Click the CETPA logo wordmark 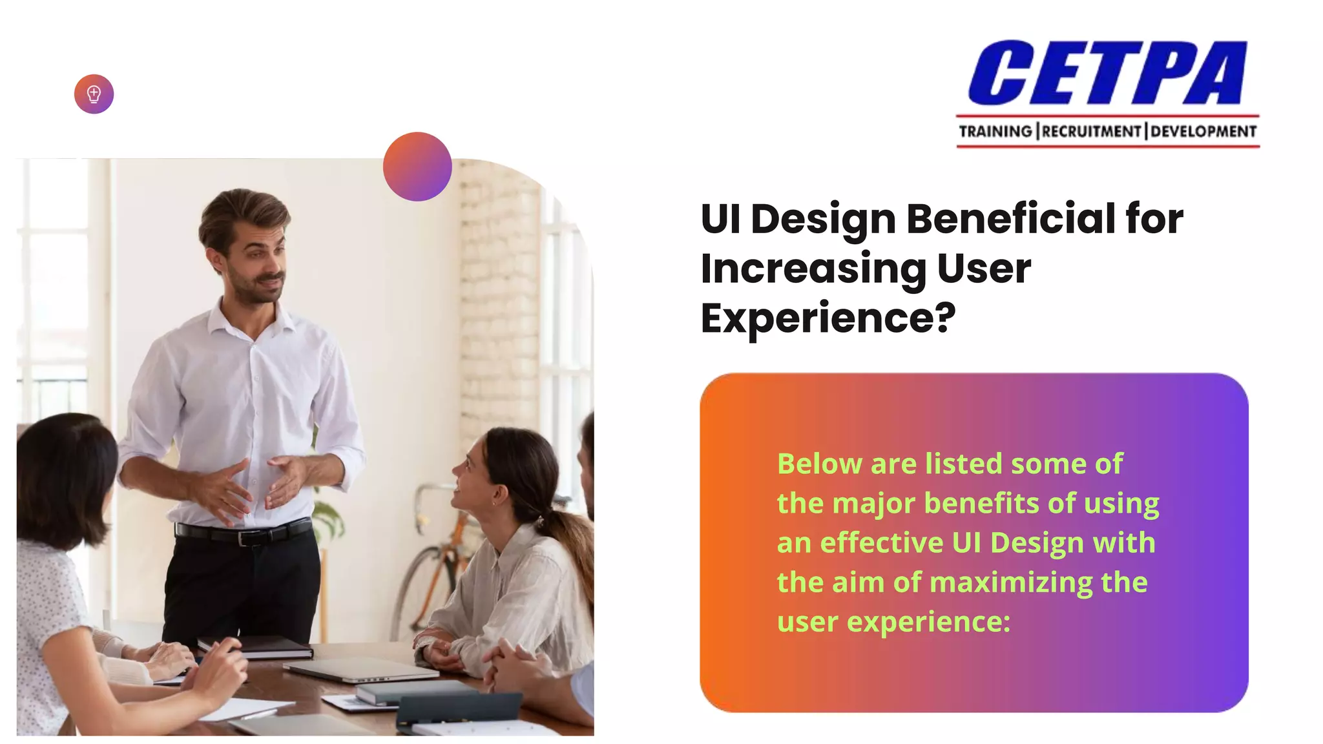pyautogui.click(x=1107, y=72)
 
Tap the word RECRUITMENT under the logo pyautogui.click(x=1091, y=132)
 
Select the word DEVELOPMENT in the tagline pyautogui.click(x=1203, y=132)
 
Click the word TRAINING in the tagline pyautogui.click(x=995, y=132)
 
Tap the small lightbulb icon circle pyautogui.click(x=94, y=94)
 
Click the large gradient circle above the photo pyautogui.click(x=417, y=167)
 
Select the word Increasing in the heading pyautogui.click(x=813, y=269)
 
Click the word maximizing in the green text pyautogui.click(x=1011, y=583)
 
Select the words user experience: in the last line pyautogui.click(x=893, y=622)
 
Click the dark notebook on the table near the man pyautogui.click(x=255, y=647)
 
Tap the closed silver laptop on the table pyautogui.click(x=362, y=670)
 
